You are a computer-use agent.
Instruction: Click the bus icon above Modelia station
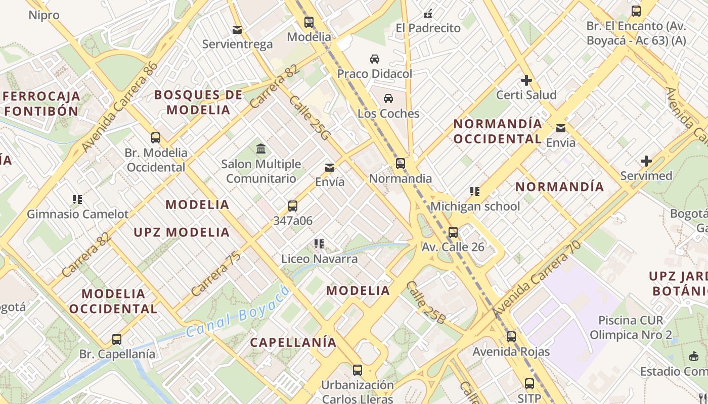(308, 22)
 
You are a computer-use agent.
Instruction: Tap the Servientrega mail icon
(237, 30)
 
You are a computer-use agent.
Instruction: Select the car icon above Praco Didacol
(375, 59)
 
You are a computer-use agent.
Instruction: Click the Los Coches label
(388, 113)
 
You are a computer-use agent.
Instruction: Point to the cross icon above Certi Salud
(526, 80)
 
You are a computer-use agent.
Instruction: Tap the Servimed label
(646, 176)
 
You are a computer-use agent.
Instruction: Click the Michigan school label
(475, 206)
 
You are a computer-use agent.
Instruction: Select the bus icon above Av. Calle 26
(453, 232)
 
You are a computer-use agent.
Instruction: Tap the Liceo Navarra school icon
(319, 244)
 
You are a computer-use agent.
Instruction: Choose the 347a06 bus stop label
(293, 221)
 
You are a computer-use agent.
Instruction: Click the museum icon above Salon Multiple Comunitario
(261, 149)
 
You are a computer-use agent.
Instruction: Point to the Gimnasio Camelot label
(78, 214)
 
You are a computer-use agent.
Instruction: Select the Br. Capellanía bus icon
(117, 339)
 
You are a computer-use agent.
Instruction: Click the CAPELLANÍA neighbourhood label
(293, 342)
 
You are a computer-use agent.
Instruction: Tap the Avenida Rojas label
(511, 351)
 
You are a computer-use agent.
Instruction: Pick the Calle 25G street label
(309, 118)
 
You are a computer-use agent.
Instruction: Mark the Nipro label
(43, 15)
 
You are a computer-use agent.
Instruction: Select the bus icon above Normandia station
(401, 164)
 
